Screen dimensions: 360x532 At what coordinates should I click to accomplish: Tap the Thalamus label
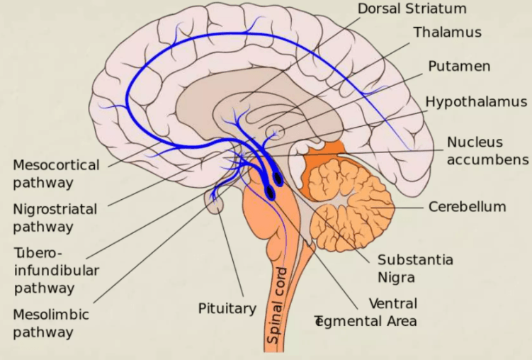pyautogui.click(x=447, y=33)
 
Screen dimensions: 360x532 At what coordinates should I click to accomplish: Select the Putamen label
pyautogui.click(x=459, y=66)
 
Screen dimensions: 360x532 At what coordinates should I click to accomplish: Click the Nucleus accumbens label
pyautogui.click(x=487, y=150)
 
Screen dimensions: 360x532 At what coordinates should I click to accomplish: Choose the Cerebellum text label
pyautogui.click(x=467, y=207)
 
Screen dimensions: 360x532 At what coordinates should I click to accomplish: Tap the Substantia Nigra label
pyautogui.click(x=415, y=267)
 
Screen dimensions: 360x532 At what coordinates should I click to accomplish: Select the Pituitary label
pyautogui.click(x=227, y=308)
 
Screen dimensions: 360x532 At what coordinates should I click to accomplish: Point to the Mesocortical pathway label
pyautogui.click(x=56, y=174)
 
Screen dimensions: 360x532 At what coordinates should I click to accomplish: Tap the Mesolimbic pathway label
pyautogui.click(x=51, y=322)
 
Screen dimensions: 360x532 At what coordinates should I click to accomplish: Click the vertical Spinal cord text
pyautogui.click(x=276, y=305)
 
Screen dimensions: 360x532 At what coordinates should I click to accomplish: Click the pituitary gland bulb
pyautogui.click(x=214, y=202)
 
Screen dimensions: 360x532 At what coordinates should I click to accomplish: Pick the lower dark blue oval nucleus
pyautogui.click(x=270, y=191)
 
